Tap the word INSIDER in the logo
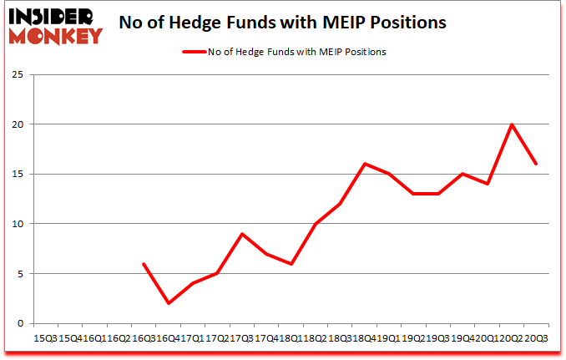(x=53, y=16)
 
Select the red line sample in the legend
(x=194, y=52)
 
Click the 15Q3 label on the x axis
(x=44, y=339)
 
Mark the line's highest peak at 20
(x=512, y=124)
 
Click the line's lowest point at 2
(x=169, y=303)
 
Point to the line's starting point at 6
(x=144, y=264)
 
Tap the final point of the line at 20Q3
(x=536, y=164)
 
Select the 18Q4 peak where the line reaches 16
(x=365, y=164)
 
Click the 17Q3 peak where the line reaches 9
(x=242, y=234)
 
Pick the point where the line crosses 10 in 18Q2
(x=316, y=224)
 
